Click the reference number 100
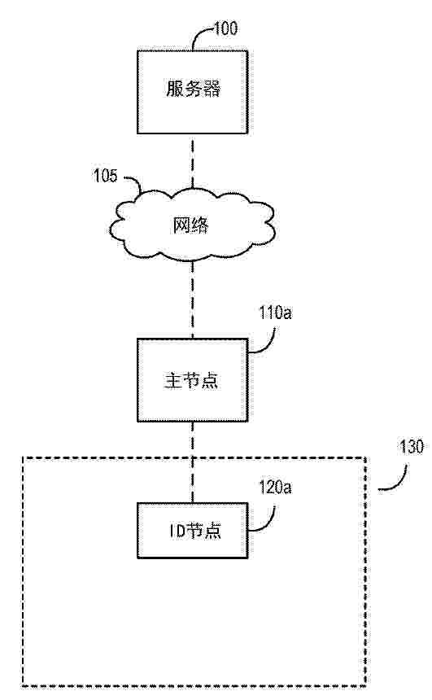(x=226, y=29)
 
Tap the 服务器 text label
(x=194, y=89)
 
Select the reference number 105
(x=105, y=176)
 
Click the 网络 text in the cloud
(x=190, y=225)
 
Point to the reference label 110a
(x=275, y=313)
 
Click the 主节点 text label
(x=191, y=380)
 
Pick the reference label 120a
(x=275, y=488)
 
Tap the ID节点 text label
(x=194, y=531)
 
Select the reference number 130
(x=411, y=447)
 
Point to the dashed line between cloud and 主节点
(x=193, y=300)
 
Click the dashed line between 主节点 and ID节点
(x=193, y=462)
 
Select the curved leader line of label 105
(x=134, y=182)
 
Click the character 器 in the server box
(x=212, y=89)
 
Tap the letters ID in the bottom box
(x=177, y=531)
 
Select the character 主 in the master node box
(x=172, y=380)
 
